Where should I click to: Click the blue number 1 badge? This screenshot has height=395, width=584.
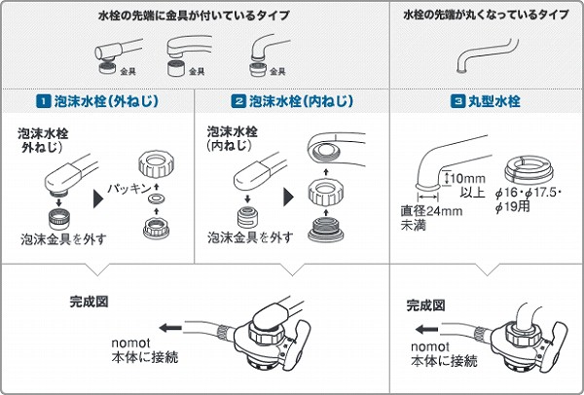(x=43, y=100)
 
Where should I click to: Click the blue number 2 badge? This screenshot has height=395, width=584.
(x=238, y=100)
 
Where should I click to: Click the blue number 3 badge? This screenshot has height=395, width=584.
(x=457, y=100)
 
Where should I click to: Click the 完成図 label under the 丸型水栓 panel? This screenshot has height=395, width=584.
(x=425, y=305)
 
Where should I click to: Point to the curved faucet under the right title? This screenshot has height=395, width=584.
(x=474, y=60)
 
